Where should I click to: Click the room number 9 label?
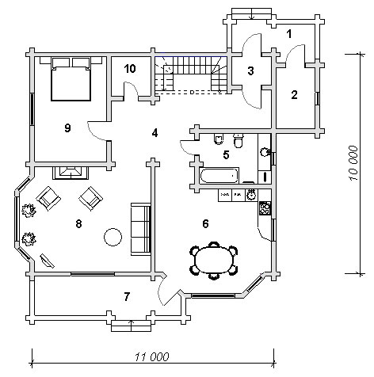(67, 128)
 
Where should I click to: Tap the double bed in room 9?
(71, 79)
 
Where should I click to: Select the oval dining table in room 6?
(214, 261)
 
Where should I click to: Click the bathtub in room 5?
(219, 176)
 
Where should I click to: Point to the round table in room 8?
(113, 237)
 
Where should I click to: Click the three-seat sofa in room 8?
(141, 229)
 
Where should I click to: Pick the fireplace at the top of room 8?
(71, 173)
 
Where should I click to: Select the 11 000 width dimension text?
(151, 357)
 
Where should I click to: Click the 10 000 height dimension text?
(353, 163)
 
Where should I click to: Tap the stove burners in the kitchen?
(265, 208)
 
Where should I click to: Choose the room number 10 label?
(130, 69)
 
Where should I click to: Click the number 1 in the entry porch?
(289, 34)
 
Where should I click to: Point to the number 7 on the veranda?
(127, 297)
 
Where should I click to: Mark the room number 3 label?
(250, 70)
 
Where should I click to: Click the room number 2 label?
(294, 95)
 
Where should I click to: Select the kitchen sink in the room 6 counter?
(251, 195)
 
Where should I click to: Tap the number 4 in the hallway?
(155, 133)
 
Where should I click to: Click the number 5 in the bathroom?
(226, 154)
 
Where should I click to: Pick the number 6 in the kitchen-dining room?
(205, 223)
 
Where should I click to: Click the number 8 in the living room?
(78, 224)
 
